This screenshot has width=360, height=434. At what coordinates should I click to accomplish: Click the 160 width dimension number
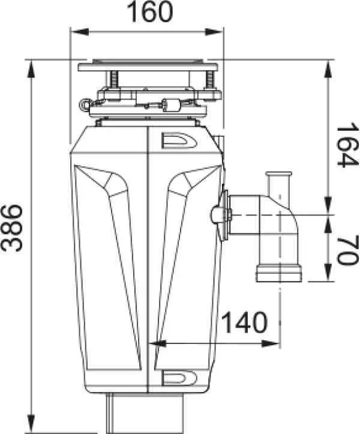tap(150, 11)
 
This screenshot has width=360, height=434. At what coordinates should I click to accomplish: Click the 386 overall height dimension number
tap(11, 228)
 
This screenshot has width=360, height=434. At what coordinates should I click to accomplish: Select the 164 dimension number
tap(347, 145)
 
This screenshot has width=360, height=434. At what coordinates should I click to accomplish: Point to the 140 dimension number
tap(245, 322)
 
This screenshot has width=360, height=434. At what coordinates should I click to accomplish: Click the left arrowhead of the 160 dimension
tap(80, 32)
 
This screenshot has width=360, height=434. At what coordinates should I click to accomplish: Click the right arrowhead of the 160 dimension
tap(214, 32)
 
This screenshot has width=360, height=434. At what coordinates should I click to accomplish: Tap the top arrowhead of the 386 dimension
tap(32, 70)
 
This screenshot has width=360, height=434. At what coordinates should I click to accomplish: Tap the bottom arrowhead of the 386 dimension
tap(32, 423)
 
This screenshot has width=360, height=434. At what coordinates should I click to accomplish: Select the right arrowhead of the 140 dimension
tap(270, 344)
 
